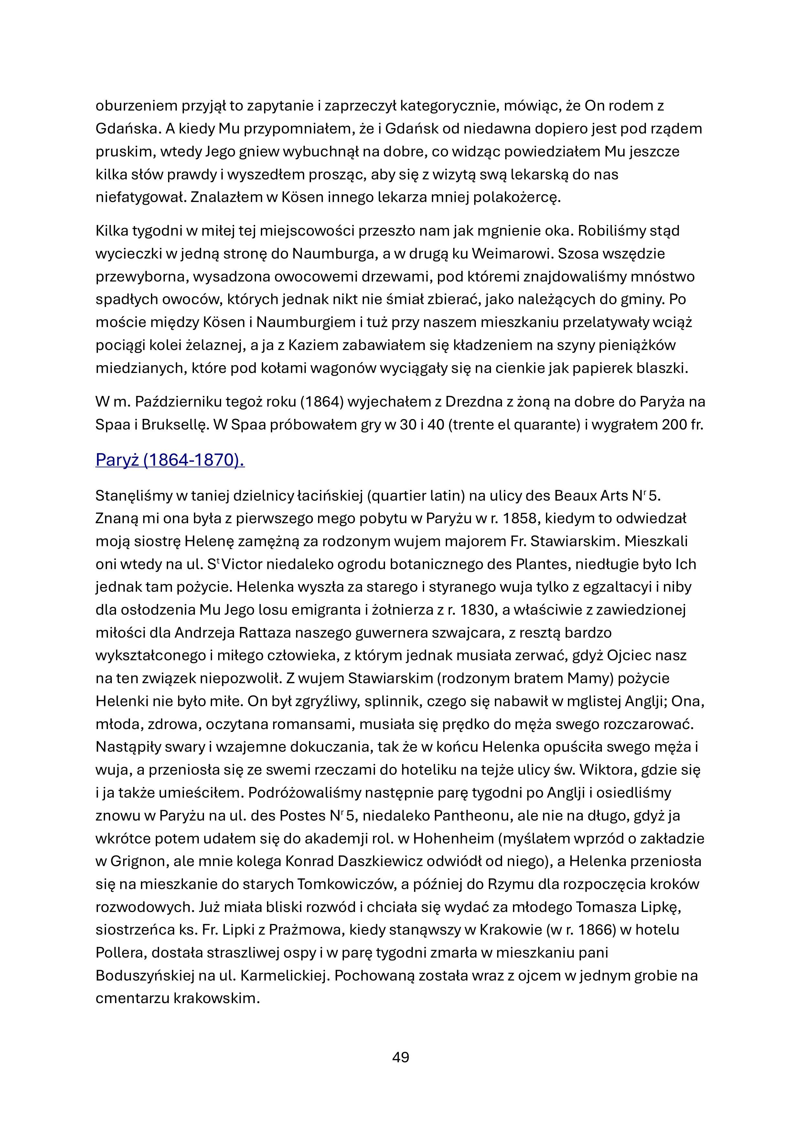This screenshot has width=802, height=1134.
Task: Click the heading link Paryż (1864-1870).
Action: tap(170, 460)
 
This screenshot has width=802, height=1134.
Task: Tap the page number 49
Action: tap(400, 1057)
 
